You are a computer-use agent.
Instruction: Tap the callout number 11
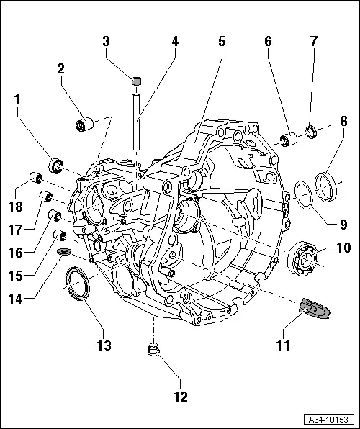click(x=284, y=346)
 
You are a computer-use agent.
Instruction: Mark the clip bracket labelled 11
click(x=315, y=310)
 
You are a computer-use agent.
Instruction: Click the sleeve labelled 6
click(x=292, y=138)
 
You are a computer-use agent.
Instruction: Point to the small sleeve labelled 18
click(x=32, y=178)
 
